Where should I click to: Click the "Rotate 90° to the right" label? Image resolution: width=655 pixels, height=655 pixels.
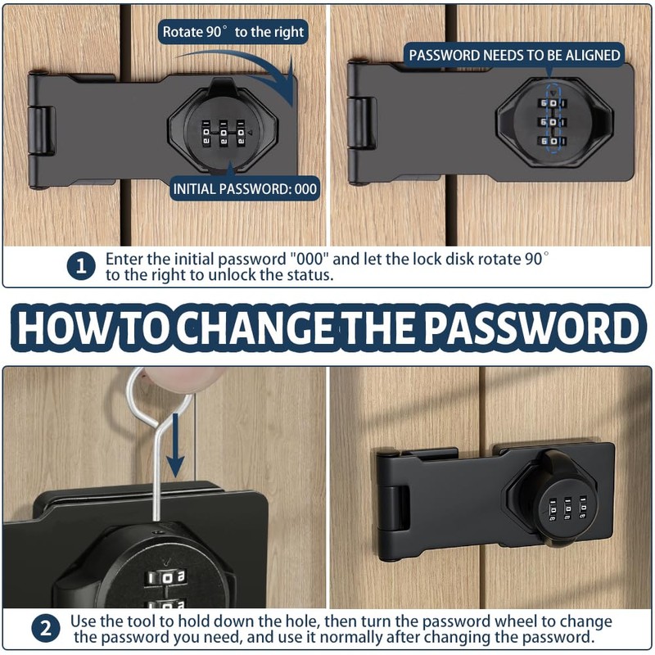[x=233, y=32]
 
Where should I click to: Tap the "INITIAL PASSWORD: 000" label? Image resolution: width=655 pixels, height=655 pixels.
[x=245, y=188]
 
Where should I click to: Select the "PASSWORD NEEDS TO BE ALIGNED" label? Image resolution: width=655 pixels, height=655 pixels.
[x=515, y=56]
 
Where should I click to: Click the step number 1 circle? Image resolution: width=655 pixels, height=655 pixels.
[x=80, y=266]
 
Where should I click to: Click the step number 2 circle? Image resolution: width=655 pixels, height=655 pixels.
[x=46, y=630]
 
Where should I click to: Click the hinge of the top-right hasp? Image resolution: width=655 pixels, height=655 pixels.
[x=361, y=123]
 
